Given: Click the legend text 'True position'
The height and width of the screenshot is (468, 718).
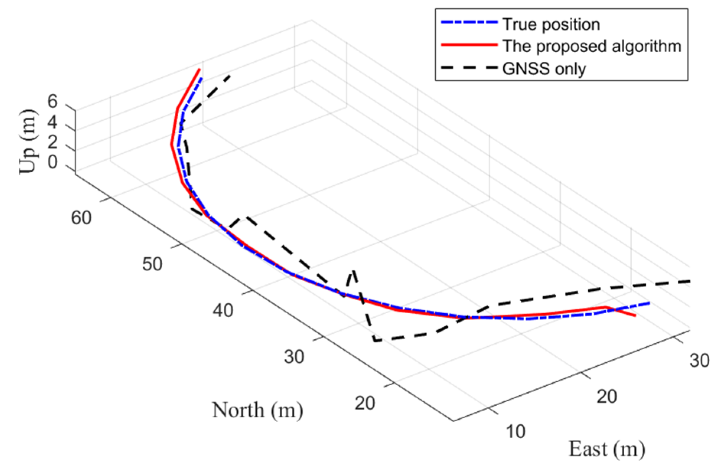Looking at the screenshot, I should [x=551, y=24].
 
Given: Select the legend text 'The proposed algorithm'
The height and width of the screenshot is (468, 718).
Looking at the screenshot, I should [x=591, y=46].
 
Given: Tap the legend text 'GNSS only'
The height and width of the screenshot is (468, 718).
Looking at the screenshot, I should [x=544, y=69].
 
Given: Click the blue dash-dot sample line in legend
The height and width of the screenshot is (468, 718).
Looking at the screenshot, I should [x=469, y=22].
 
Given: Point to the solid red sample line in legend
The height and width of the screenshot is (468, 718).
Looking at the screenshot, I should [x=469, y=45].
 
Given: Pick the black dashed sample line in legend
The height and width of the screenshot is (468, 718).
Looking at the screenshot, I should [x=469, y=67].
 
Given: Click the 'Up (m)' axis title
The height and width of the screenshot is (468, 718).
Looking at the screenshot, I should [x=28, y=142].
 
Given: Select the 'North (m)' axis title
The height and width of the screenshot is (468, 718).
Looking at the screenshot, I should [x=257, y=410].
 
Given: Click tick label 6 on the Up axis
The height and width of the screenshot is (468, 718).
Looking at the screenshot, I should [x=52, y=102].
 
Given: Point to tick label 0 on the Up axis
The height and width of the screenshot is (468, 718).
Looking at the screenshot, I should [x=52, y=162].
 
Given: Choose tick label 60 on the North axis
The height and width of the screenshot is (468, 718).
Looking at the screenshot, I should [x=81, y=218].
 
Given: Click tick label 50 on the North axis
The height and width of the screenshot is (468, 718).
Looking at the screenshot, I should [x=152, y=264].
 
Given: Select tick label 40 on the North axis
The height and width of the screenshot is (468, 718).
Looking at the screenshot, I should [x=223, y=310].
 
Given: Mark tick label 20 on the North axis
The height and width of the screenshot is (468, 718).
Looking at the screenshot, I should [x=365, y=403].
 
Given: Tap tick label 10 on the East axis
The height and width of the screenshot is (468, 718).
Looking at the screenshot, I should [x=516, y=432].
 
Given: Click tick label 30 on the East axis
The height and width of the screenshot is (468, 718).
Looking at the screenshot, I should [x=700, y=360].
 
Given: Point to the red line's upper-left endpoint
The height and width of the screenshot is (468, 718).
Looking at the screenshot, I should [x=200, y=69].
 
